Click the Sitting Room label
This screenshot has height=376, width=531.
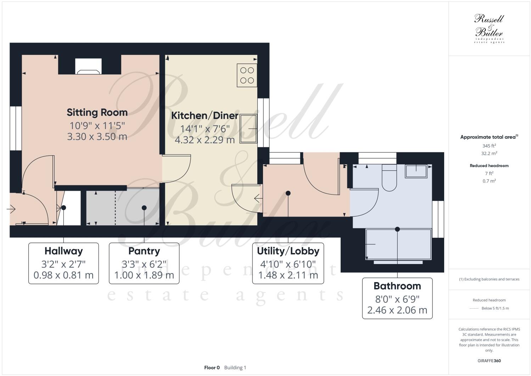97,112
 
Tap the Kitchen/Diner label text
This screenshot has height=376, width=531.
205,116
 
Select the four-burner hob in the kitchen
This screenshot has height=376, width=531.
247,75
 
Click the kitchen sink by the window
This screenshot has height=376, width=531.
248,128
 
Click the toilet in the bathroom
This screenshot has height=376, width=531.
390,179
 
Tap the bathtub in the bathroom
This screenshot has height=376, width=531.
398,245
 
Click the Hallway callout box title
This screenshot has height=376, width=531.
63,251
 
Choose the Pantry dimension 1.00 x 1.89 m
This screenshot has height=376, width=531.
144,275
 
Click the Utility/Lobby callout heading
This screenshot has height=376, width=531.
288,251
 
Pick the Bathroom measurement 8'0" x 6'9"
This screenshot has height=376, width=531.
397,299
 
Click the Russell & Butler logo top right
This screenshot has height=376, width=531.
489,28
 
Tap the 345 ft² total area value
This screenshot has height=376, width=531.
489,146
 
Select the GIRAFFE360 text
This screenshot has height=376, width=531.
489,361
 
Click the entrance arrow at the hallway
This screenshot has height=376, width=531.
11,209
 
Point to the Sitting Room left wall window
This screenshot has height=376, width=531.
16,128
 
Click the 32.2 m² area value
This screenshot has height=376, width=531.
489,153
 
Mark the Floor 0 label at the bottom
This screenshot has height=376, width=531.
212,367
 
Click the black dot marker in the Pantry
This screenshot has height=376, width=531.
144,208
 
